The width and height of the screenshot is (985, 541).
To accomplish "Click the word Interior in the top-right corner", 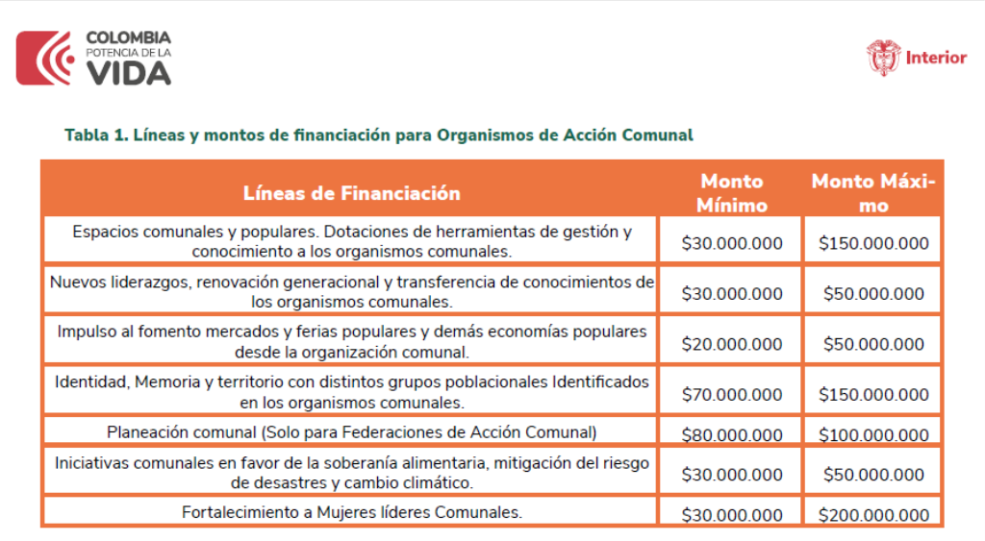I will click(x=936, y=58).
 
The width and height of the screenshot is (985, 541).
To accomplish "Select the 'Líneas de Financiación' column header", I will click(x=351, y=193).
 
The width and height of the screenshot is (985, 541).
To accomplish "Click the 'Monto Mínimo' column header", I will click(x=732, y=193).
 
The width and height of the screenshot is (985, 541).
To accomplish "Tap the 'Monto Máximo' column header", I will click(x=872, y=193).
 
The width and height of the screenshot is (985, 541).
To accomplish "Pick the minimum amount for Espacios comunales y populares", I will click(x=732, y=244).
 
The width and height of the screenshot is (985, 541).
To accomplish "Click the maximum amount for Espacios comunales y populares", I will click(x=873, y=244).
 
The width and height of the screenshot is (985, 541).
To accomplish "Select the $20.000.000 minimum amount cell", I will click(x=732, y=344).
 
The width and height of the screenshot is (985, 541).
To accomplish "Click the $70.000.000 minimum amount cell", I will click(x=732, y=394).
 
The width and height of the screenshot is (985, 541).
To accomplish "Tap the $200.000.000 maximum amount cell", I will click(x=873, y=515).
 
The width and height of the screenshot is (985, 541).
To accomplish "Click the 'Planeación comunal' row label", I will click(x=351, y=432).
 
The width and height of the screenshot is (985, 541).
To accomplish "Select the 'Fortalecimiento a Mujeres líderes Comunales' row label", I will click(x=351, y=512).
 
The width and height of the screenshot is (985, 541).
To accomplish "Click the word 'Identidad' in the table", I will click(x=90, y=382).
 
